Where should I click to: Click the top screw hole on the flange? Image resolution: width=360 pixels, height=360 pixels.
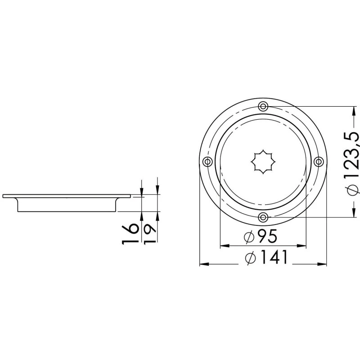pyautogui.click(x=263, y=106)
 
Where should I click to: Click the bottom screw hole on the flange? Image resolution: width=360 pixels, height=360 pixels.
pyautogui.click(x=263, y=217)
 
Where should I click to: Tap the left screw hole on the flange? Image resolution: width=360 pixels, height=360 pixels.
pyautogui.click(x=207, y=162)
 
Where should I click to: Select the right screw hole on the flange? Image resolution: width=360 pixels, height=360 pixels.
pyautogui.click(x=319, y=162)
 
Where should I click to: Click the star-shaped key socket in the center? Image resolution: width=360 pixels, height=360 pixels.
pyautogui.click(x=263, y=162)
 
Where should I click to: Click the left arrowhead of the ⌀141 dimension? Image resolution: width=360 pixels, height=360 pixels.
pyautogui.click(x=203, y=264)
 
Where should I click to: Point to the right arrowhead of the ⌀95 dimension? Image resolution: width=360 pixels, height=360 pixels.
pyautogui.click(x=303, y=246)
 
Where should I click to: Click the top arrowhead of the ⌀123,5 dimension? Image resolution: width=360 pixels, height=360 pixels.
pyautogui.click(x=352, y=109)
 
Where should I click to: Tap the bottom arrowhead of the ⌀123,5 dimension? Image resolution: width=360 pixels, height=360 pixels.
pyautogui.click(x=352, y=214)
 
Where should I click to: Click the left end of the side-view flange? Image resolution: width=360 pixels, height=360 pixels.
pyautogui.click(x=4, y=196)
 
